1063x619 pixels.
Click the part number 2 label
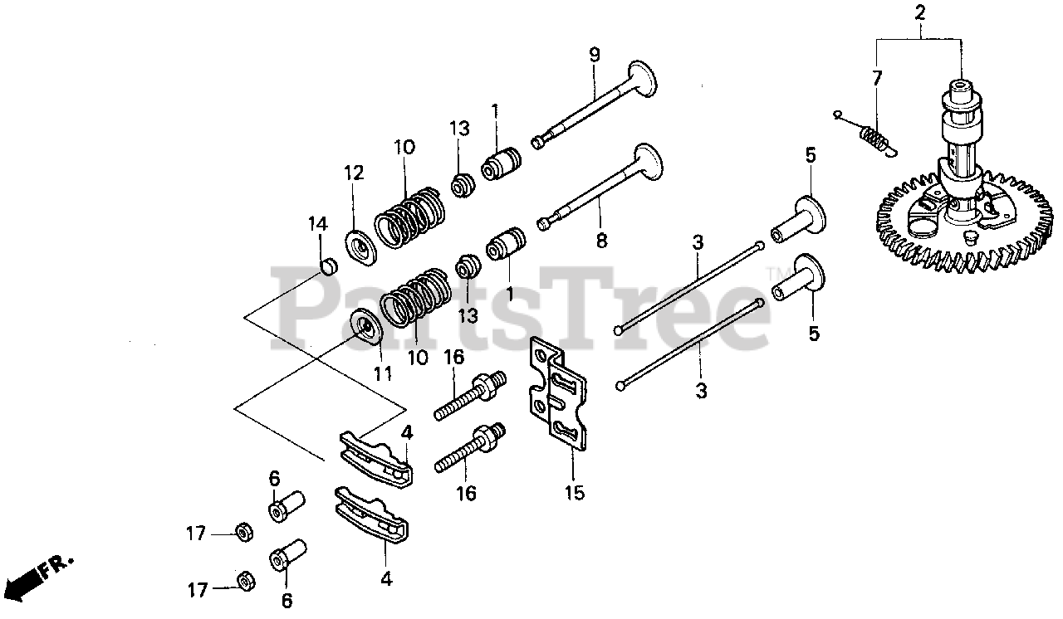919,12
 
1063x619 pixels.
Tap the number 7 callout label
876,78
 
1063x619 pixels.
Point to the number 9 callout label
594,55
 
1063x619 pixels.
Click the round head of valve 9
643,78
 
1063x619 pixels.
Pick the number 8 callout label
601,241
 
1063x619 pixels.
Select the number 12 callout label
354,173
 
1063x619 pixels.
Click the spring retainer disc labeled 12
360,247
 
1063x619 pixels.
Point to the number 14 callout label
318,224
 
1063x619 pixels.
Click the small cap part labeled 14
329,266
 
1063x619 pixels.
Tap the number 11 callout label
383,374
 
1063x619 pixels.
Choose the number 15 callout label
575,493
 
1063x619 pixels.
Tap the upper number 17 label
195,534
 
